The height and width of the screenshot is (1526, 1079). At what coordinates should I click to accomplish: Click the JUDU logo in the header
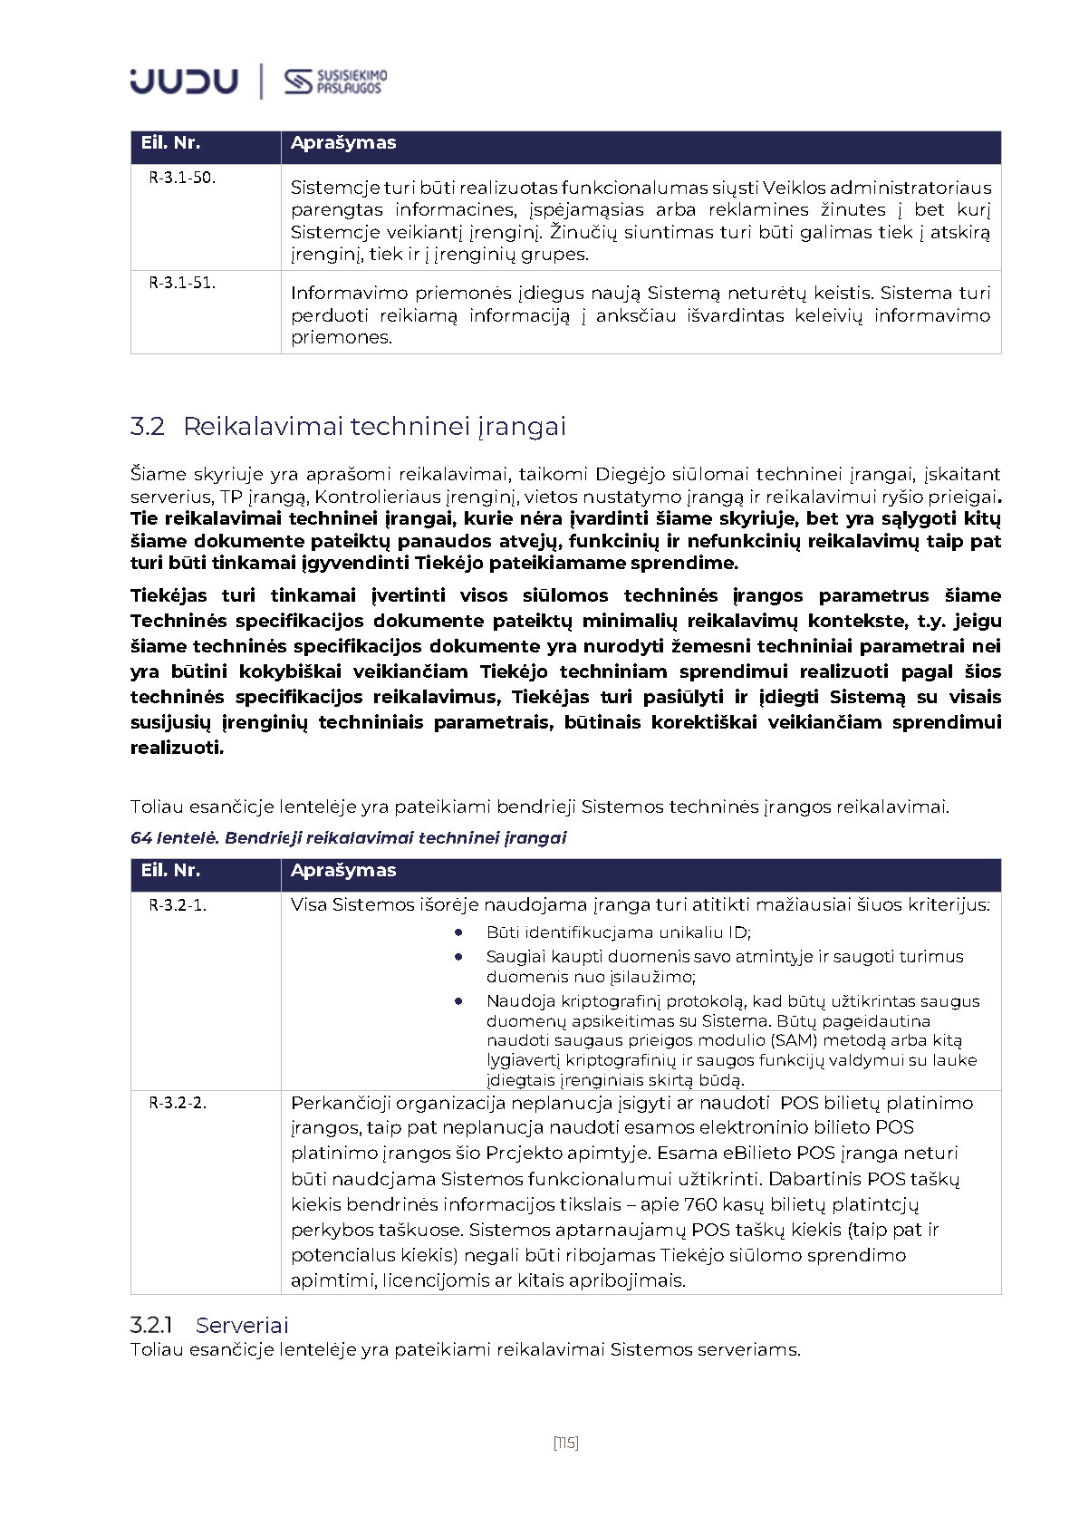point(184,82)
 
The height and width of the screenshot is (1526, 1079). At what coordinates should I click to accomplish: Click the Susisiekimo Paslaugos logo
point(335,82)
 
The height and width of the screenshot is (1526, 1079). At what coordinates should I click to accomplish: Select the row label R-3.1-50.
point(182,178)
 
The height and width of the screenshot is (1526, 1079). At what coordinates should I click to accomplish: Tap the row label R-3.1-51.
point(182,283)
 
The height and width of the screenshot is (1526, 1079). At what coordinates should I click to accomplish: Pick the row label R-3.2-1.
point(178,904)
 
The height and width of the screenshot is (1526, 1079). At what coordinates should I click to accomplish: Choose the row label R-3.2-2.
point(178,1103)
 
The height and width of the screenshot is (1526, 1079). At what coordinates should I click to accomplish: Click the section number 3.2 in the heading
point(148,426)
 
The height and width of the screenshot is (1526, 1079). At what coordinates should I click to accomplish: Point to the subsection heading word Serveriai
point(242,1325)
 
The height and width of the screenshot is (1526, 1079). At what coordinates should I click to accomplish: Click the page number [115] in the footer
point(565,1442)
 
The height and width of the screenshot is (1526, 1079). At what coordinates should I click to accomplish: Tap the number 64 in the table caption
point(140,837)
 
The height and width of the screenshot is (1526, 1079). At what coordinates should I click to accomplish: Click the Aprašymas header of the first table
point(343,143)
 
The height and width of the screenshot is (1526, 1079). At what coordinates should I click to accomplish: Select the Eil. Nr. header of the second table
point(170,871)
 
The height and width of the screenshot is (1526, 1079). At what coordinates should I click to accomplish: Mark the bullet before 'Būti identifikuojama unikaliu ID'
point(459,932)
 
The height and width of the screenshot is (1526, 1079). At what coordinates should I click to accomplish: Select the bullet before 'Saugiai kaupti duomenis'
point(459,956)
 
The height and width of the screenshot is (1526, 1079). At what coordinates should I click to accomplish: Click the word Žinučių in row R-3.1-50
point(583,232)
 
